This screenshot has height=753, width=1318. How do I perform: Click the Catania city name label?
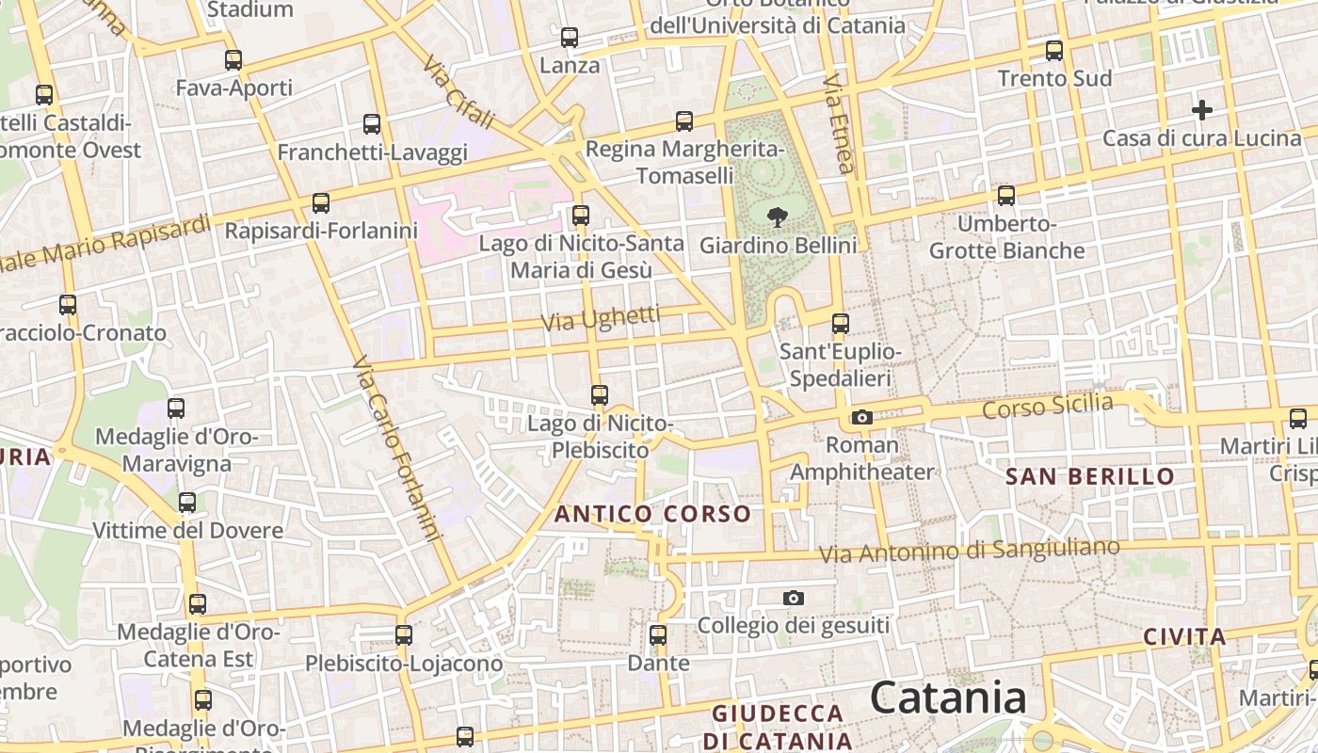point(948,698)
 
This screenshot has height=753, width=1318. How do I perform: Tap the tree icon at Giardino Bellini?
point(778,218)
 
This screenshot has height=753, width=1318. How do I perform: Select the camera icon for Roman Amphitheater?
point(861,417)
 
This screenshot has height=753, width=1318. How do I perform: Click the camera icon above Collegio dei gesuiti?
point(794,598)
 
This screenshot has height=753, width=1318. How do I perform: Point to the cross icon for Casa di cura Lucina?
point(1201,110)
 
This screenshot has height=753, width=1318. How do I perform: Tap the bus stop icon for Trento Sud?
point(1054,51)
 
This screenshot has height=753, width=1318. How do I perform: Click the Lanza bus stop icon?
point(570,38)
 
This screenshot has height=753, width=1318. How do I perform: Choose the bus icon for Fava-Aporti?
point(233,60)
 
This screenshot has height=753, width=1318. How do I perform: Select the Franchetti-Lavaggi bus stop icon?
point(372,124)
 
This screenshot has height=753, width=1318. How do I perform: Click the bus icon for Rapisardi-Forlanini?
point(321,202)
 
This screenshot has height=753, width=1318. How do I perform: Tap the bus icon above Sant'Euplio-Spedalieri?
point(841,324)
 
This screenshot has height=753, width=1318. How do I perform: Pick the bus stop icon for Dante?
point(658,635)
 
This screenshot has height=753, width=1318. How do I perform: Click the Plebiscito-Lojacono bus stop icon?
point(404,635)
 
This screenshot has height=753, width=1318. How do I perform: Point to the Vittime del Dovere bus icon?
point(187,503)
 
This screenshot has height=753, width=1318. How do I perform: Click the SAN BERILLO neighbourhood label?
point(1090,476)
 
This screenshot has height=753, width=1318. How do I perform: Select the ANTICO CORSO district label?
point(652,514)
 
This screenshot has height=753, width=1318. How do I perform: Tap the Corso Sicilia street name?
point(1047,407)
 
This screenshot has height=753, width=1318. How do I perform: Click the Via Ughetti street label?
point(601,319)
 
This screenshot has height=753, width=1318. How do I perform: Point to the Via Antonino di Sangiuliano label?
point(970,551)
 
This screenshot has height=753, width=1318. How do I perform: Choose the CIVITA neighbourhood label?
point(1184,637)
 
